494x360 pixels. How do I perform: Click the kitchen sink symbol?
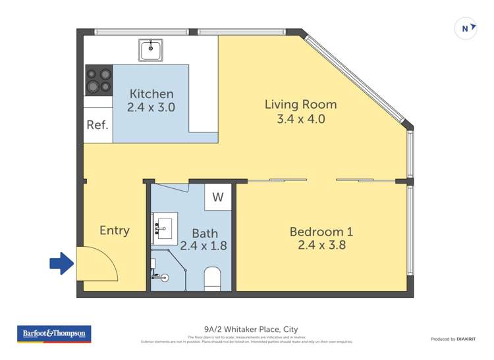click(151, 49)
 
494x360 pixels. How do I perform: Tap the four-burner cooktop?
click(98, 80)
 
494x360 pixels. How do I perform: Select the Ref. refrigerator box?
click(97, 124)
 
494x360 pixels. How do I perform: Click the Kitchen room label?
click(151, 94)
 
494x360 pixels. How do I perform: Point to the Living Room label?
click(300, 105)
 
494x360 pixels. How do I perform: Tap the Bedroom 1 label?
click(321, 232)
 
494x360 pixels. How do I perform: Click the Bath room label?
click(204, 233)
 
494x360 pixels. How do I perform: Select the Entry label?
click(114, 230)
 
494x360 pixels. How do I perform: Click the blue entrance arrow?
click(63, 264)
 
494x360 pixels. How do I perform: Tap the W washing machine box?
click(218, 197)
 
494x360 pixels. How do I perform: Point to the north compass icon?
click(466, 28)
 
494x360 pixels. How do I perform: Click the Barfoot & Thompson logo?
click(54, 334)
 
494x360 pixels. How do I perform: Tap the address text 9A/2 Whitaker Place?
click(246, 330)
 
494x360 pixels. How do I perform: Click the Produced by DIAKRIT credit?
click(453, 339)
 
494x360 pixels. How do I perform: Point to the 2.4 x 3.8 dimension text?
click(321, 245)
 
